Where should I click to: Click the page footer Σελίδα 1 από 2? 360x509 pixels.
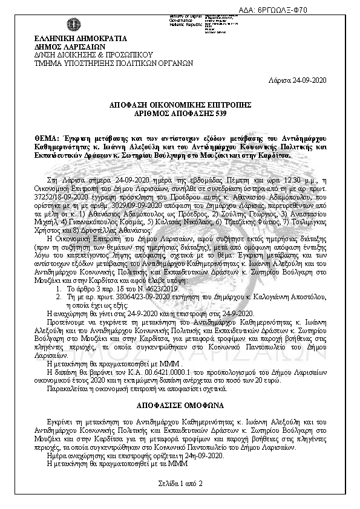(x=180, y=483)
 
